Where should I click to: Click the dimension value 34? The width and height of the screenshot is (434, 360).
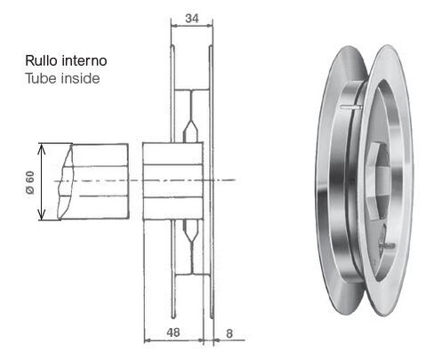pos(192,19)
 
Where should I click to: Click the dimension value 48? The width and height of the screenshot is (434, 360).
pos(173,332)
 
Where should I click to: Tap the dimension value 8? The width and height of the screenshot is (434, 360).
pos(229,333)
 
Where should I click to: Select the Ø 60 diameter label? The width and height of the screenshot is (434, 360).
pos(30,182)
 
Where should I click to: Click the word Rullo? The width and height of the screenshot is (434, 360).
pos(41,60)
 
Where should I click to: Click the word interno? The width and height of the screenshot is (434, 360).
pos(84,60)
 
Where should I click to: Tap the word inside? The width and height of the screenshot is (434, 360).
pos(81,78)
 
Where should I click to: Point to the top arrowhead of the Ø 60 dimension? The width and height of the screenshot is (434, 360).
pos(42,148)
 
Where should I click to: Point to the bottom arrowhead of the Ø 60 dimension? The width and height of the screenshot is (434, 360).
pos(42,214)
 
